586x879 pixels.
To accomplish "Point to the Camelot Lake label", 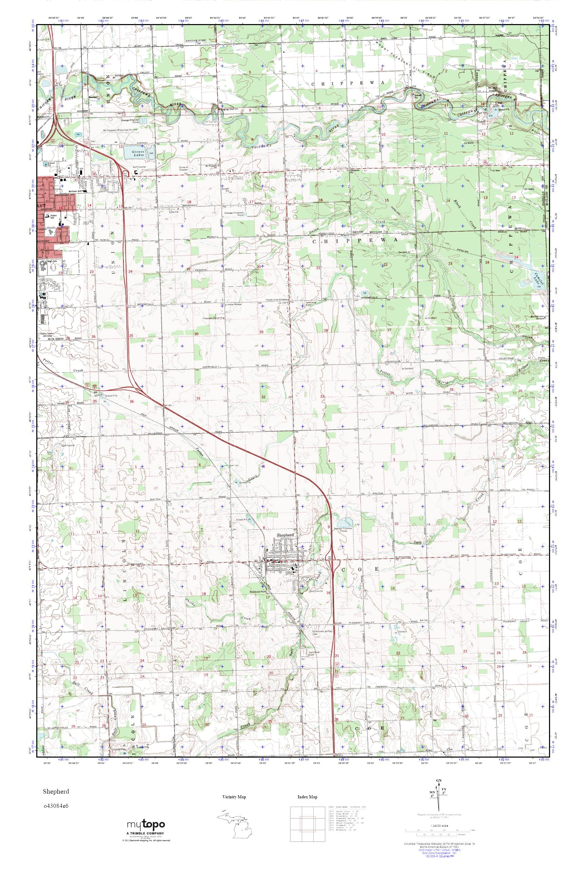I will tap(539, 278).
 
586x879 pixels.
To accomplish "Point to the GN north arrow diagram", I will tap(440, 795).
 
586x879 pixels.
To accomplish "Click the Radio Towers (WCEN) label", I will tap(45, 333).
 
